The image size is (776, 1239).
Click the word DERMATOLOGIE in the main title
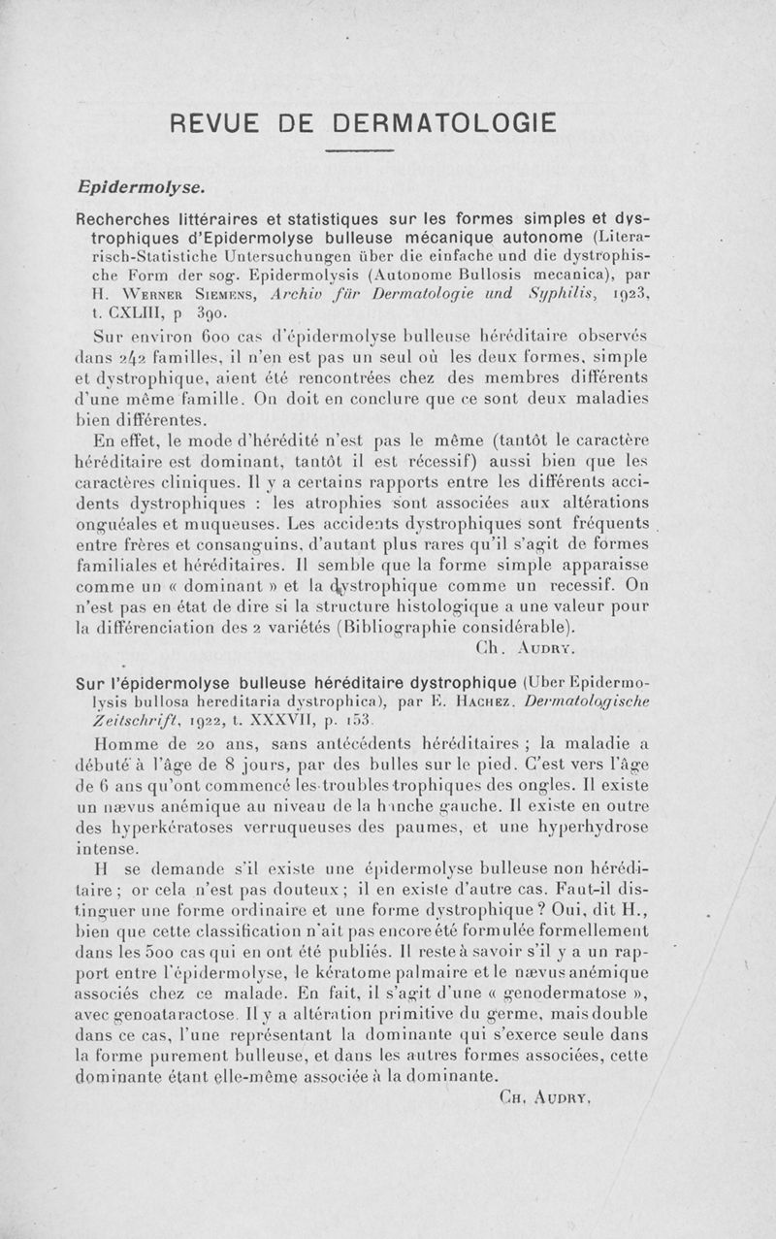point(444,123)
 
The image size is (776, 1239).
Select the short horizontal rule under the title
point(359,151)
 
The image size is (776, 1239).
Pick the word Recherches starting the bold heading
point(123,222)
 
